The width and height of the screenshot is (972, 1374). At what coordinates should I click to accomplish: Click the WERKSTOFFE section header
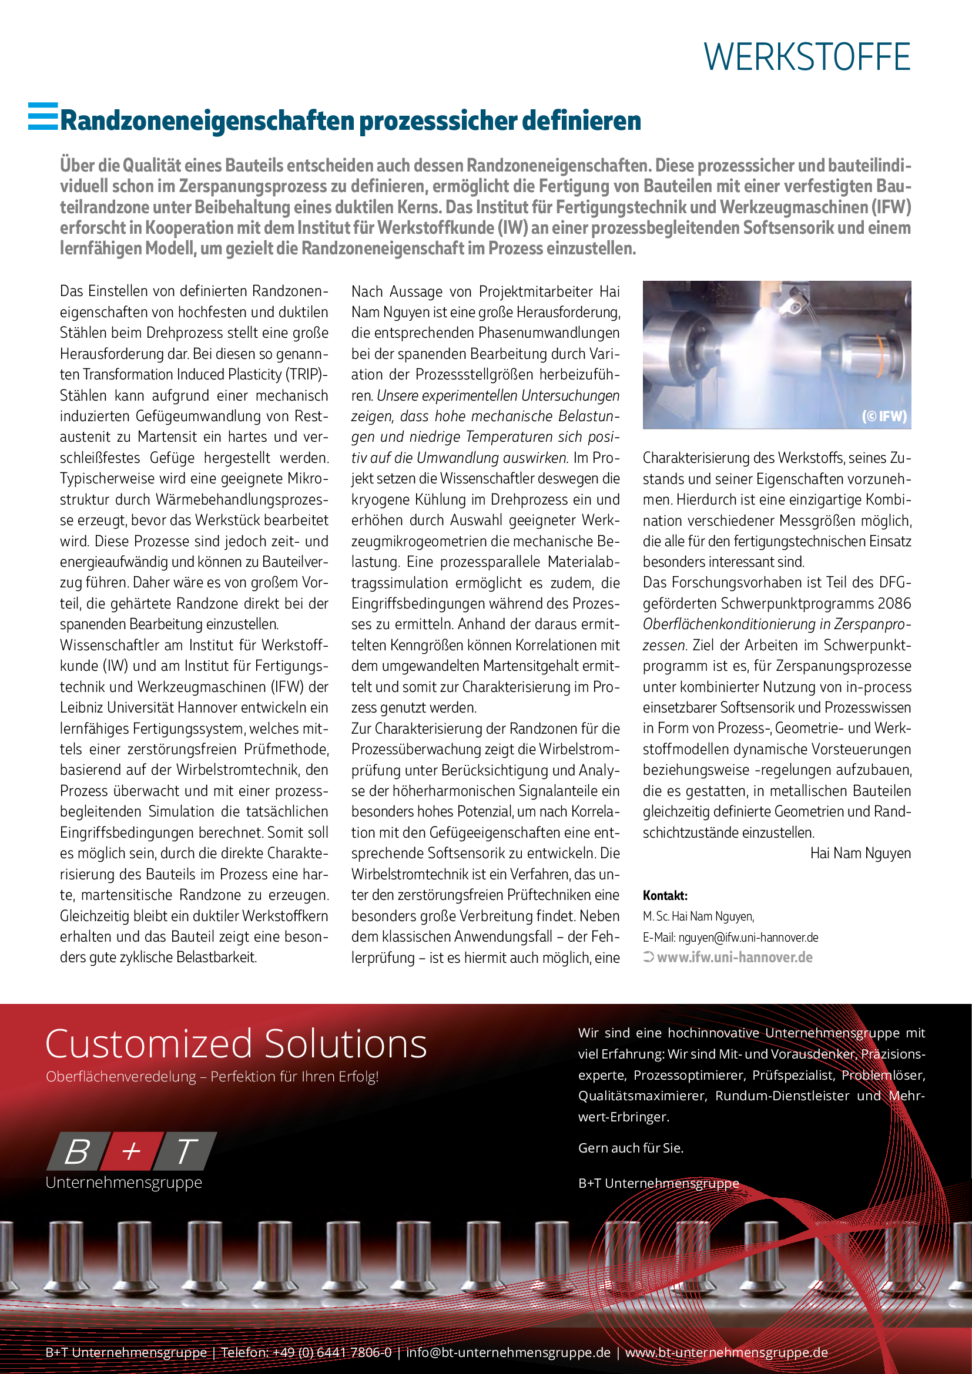[x=806, y=58]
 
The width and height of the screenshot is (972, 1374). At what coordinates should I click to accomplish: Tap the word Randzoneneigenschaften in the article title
[x=207, y=121]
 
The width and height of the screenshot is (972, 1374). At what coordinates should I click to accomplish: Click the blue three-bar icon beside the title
[x=43, y=116]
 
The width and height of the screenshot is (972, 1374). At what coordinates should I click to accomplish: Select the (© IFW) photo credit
[x=883, y=416]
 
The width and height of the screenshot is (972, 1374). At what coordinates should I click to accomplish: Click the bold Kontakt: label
[x=665, y=895]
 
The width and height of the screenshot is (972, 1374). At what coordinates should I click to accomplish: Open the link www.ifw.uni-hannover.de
[x=735, y=958]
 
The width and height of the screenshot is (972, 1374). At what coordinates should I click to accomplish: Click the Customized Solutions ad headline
[x=236, y=1044]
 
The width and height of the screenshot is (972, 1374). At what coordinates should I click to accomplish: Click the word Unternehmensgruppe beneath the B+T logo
[x=124, y=1182]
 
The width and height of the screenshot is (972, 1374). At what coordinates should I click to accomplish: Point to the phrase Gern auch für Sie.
[x=630, y=1148]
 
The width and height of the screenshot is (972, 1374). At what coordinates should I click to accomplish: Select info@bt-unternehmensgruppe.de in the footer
[x=508, y=1352]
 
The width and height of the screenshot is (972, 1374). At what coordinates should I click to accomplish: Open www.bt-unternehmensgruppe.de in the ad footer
[x=726, y=1352]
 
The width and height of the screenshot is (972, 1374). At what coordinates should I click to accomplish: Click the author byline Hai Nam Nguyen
[x=860, y=854]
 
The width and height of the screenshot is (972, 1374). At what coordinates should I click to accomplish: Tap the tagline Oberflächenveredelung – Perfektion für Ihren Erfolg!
[x=212, y=1077]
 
